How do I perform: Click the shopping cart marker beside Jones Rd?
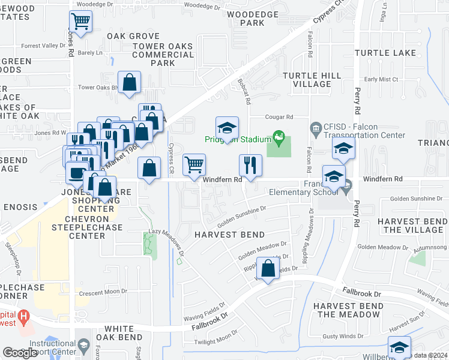click(80, 22)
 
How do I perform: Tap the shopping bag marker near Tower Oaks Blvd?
click(130, 83)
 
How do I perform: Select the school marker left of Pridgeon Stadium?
click(228, 128)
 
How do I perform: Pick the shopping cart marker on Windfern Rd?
click(194, 165)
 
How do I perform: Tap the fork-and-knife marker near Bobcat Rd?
click(250, 165)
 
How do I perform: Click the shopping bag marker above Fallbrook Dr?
click(268, 268)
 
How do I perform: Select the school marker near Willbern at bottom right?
click(399, 347)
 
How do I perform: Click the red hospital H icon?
click(23, 316)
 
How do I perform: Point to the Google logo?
click(20, 353)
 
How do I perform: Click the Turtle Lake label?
click(385, 53)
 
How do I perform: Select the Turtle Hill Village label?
click(307, 79)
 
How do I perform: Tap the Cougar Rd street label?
click(280, 118)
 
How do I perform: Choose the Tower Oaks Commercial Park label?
click(163, 55)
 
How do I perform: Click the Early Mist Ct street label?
click(381, 79)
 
